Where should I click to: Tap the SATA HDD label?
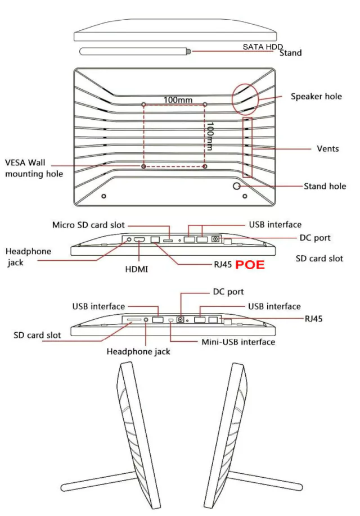263,47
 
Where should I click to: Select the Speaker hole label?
316,97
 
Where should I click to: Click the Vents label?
327,149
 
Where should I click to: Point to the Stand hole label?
325,186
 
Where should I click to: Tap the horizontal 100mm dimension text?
178,100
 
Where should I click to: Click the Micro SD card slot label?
88,225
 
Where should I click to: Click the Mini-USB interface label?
238,342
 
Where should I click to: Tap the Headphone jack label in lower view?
138,352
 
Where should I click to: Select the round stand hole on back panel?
237,185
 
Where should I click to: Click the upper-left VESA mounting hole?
143,105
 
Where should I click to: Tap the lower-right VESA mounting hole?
205,166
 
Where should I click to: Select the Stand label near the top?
290,53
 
